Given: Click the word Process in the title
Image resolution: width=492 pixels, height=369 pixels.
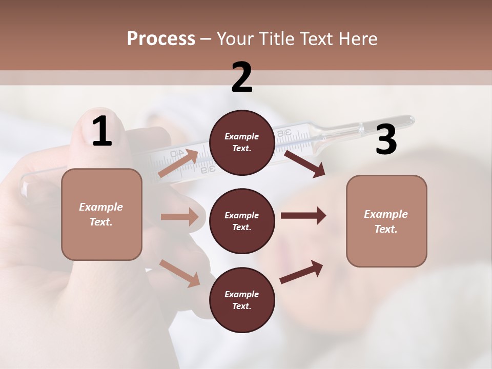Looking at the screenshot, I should (161, 39).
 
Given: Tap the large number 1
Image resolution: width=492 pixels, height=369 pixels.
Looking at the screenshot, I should (102, 132).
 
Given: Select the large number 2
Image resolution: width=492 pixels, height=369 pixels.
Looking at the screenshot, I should (242, 77).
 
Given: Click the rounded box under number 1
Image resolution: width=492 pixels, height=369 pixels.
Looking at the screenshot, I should (101, 214).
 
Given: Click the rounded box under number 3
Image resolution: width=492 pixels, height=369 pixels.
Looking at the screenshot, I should (386, 221).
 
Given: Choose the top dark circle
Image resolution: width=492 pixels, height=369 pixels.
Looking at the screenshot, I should (242, 142).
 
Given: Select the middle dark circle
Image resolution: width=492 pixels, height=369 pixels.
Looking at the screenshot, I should (242, 221).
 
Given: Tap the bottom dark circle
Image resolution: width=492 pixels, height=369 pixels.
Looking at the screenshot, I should (242, 300).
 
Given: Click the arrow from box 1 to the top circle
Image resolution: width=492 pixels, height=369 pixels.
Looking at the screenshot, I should (178, 163).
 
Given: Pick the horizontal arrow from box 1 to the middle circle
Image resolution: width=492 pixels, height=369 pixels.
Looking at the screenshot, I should (179, 217).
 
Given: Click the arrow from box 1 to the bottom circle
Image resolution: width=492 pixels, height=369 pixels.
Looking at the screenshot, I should (179, 273).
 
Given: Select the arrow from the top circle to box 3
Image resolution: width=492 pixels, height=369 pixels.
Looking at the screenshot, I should (304, 163).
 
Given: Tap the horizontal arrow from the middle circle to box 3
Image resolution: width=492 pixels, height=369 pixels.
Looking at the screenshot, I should (303, 216).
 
